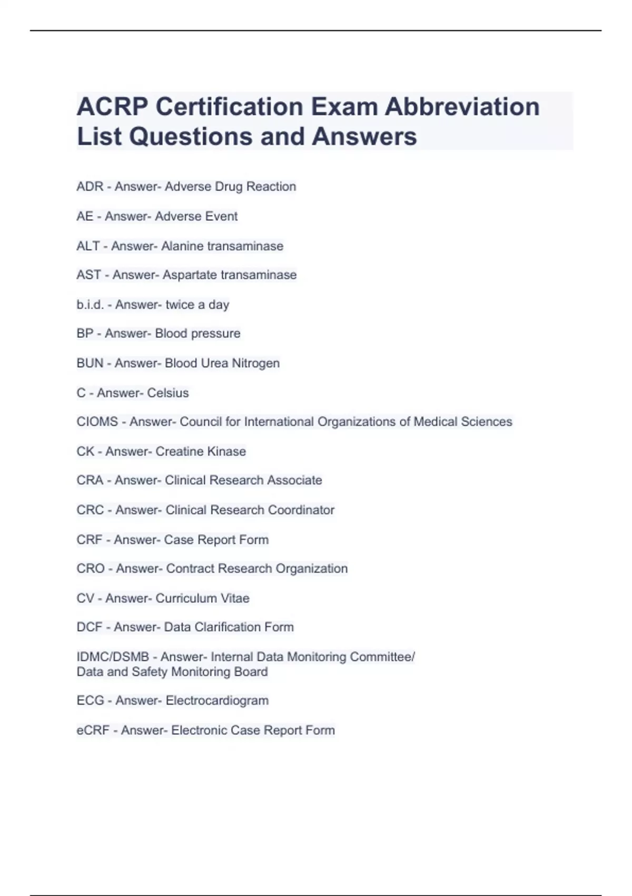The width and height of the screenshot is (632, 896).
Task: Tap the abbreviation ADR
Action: pos(90,187)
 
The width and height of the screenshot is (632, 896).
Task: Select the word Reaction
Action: pos(271,187)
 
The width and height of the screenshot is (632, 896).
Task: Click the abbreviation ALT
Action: pos(88,246)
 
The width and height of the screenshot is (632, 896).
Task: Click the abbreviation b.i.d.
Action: pos(90,305)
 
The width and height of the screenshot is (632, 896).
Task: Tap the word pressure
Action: pos(216,334)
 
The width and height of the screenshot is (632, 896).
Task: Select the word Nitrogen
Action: pos(256,364)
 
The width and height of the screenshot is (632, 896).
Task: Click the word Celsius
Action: pos(168,393)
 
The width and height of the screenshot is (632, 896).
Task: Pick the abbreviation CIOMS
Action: pos(97,422)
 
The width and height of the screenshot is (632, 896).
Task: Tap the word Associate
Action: pos(294,481)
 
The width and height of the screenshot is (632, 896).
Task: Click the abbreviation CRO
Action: pos(91,569)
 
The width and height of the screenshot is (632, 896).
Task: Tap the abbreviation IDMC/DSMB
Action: pos(113,657)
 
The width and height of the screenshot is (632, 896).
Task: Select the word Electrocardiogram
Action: pos(217,701)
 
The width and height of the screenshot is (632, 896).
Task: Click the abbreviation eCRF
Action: pos(93,731)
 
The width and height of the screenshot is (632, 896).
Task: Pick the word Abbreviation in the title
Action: pos(462,107)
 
